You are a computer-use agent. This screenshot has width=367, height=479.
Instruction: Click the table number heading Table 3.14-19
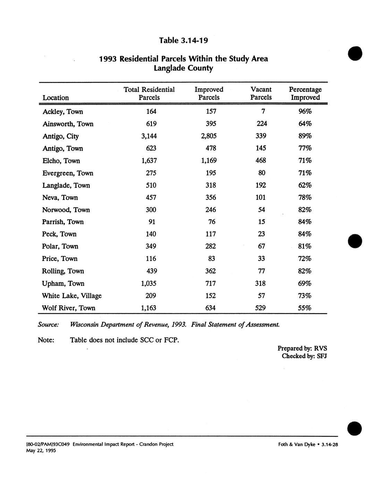183,40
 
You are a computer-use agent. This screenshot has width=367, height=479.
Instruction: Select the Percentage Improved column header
305,94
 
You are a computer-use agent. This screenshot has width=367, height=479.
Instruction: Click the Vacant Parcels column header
261,94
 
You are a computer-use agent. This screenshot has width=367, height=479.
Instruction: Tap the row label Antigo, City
60,136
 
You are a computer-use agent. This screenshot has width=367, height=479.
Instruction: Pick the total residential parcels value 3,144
149,136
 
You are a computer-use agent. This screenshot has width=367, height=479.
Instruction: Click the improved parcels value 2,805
209,136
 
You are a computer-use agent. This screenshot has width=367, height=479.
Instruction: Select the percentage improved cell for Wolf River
305,308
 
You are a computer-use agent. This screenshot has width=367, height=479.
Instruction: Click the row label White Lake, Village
72,296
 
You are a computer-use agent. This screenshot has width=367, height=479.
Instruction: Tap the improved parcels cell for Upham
210,284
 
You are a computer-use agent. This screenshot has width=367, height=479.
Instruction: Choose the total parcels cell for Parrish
152,222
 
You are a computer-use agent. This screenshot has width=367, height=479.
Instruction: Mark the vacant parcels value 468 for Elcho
261,161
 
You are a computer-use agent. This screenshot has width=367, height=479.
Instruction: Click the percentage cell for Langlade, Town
305,185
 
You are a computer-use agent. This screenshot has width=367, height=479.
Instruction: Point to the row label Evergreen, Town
68,173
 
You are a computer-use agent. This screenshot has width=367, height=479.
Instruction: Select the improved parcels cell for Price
211,259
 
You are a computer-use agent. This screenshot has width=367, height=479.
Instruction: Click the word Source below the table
48,325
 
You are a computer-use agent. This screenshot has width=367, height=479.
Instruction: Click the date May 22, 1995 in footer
41,451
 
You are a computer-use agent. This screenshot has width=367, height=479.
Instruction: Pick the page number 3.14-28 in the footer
330,444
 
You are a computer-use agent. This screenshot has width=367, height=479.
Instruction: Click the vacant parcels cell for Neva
261,198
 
